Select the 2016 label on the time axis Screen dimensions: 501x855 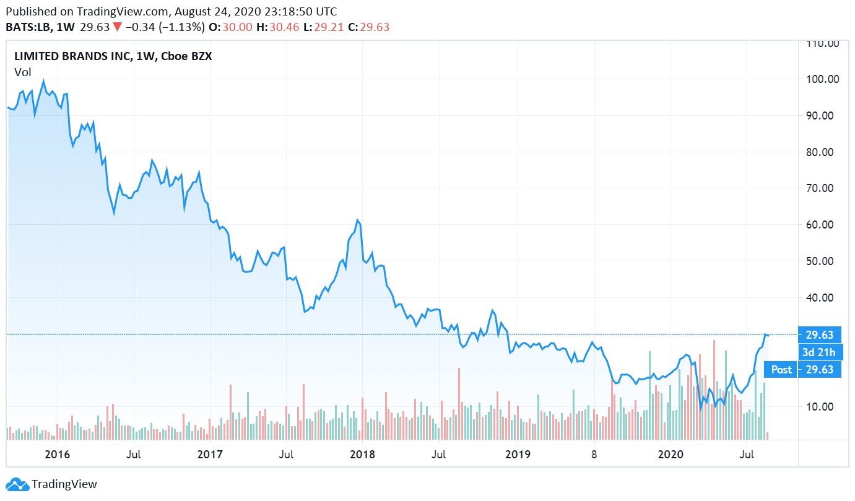pyautogui.click(x=58, y=455)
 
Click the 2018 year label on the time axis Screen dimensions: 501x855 pyautogui.click(x=363, y=455)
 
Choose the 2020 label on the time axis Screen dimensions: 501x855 pyautogui.click(x=670, y=455)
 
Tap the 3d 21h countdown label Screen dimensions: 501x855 pyautogui.click(x=819, y=353)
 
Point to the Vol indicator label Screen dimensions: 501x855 pyautogui.click(x=22, y=72)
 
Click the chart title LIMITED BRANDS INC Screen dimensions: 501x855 pyautogui.click(x=72, y=56)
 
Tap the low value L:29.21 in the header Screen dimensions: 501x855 pyautogui.click(x=324, y=27)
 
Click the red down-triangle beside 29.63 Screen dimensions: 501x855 pyautogui.click(x=117, y=27)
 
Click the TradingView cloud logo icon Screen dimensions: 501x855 pyautogui.click(x=17, y=484)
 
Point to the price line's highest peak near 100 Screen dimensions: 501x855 pyautogui.click(x=43, y=81)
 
